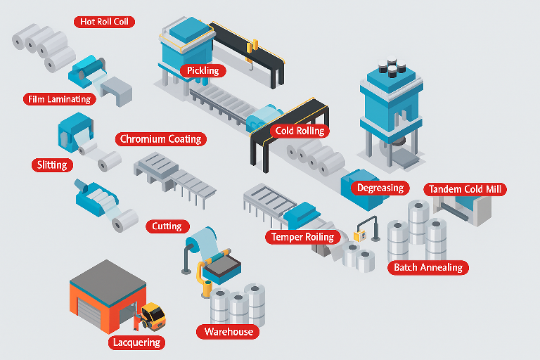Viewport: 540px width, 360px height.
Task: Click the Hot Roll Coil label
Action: pyautogui.click(x=103, y=22)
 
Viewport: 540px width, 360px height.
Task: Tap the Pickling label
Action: pyautogui.click(x=202, y=70)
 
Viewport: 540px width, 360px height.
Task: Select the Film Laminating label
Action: pyautogui.click(x=60, y=99)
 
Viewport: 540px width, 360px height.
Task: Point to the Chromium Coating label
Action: pyautogui.click(x=161, y=139)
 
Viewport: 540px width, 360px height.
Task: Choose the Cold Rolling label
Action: pyautogui.click(x=300, y=131)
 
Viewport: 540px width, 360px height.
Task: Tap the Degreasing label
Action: pyautogui.click(x=380, y=188)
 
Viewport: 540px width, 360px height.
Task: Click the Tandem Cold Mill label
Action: pyautogui.click(x=466, y=189)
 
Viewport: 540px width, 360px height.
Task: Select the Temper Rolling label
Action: pyautogui.click(x=302, y=237)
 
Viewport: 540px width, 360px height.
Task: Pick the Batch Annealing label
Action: pyautogui.click(x=427, y=267)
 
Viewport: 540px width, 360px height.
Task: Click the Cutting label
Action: pyautogui.click(x=167, y=226)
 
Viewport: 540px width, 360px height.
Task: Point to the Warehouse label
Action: pyautogui.click(x=228, y=331)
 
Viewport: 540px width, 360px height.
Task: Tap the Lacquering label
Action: pyautogui.click(x=137, y=343)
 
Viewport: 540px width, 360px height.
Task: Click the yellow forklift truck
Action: pyautogui.click(x=153, y=314)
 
